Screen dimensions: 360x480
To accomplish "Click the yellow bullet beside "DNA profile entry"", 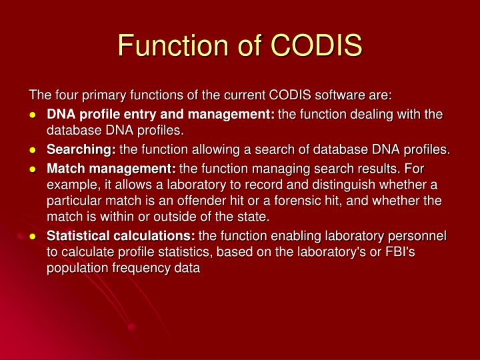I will (x=33, y=115).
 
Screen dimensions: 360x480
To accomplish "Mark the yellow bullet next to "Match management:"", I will (x=33, y=169).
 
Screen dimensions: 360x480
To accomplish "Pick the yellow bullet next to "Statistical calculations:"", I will (x=33, y=237).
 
